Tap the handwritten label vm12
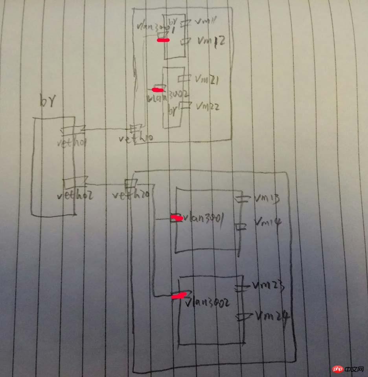click(211, 41)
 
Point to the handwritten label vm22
click(208, 106)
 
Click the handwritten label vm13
click(267, 199)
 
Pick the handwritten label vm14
click(267, 223)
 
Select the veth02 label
click(75, 194)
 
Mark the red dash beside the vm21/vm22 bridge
click(157, 89)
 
